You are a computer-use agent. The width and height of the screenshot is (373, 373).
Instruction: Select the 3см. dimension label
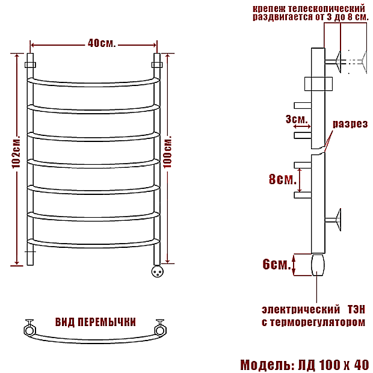click(x=297, y=119)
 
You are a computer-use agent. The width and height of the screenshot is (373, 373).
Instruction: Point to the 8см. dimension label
click(x=282, y=179)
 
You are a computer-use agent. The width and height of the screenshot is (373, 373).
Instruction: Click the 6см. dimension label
click(x=277, y=264)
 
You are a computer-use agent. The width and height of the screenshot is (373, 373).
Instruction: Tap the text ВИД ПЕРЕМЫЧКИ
click(x=95, y=322)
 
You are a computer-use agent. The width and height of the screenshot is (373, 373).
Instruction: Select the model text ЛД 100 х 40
click(x=333, y=365)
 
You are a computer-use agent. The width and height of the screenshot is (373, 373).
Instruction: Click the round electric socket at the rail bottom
click(x=158, y=271)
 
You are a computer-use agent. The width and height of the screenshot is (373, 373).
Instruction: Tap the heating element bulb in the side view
click(x=317, y=264)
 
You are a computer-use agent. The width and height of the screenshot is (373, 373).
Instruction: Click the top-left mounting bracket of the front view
click(x=30, y=64)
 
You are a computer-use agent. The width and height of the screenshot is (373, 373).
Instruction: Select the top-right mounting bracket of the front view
click(x=158, y=64)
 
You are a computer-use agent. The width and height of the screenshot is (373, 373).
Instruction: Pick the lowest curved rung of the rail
click(x=94, y=242)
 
